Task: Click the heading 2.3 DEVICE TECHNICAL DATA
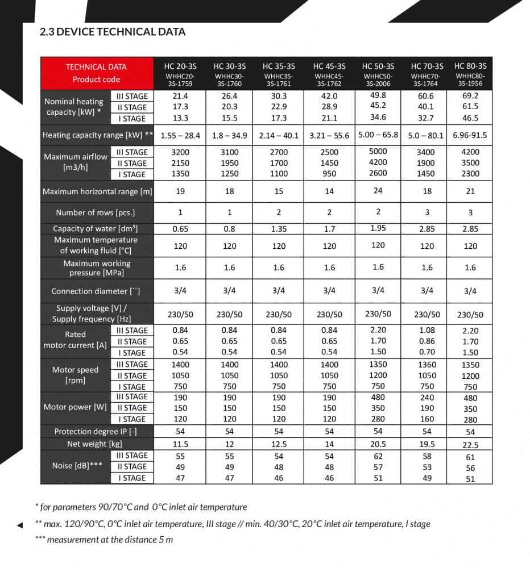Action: pyautogui.click(x=113, y=32)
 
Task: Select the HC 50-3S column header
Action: pyautogui.click(x=378, y=66)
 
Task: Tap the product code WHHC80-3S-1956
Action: pyautogui.click(x=470, y=80)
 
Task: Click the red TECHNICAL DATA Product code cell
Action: pyautogui.click(x=96, y=73)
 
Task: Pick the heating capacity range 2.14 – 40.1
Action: pyautogui.click(x=279, y=136)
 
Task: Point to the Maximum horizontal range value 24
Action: pyautogui.click(x=378, y=191)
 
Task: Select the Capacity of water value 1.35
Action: pyautogui.click(x=279, y=229)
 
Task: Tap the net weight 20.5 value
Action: pyautogui.click(x=378, y=444)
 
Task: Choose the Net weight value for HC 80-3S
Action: pyautogui.click(x=470, y=445)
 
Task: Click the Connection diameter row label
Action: pyautogui.click(x=96, y=291)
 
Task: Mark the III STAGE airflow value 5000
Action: pyautogui.click(x=378, y=152)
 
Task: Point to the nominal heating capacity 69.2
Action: pyautogui.click(x=470, y=95)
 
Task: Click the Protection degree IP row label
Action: pyautogui.click(x=96, y=432)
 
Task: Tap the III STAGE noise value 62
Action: pyautogui.click(x=378, y=456)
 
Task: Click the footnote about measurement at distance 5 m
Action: pyautogui.click(x=104, y=540)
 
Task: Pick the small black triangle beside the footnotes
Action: pyautogui.click(x=20, y=525)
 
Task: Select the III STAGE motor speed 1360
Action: pyautogui.click(x=427, y=365)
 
